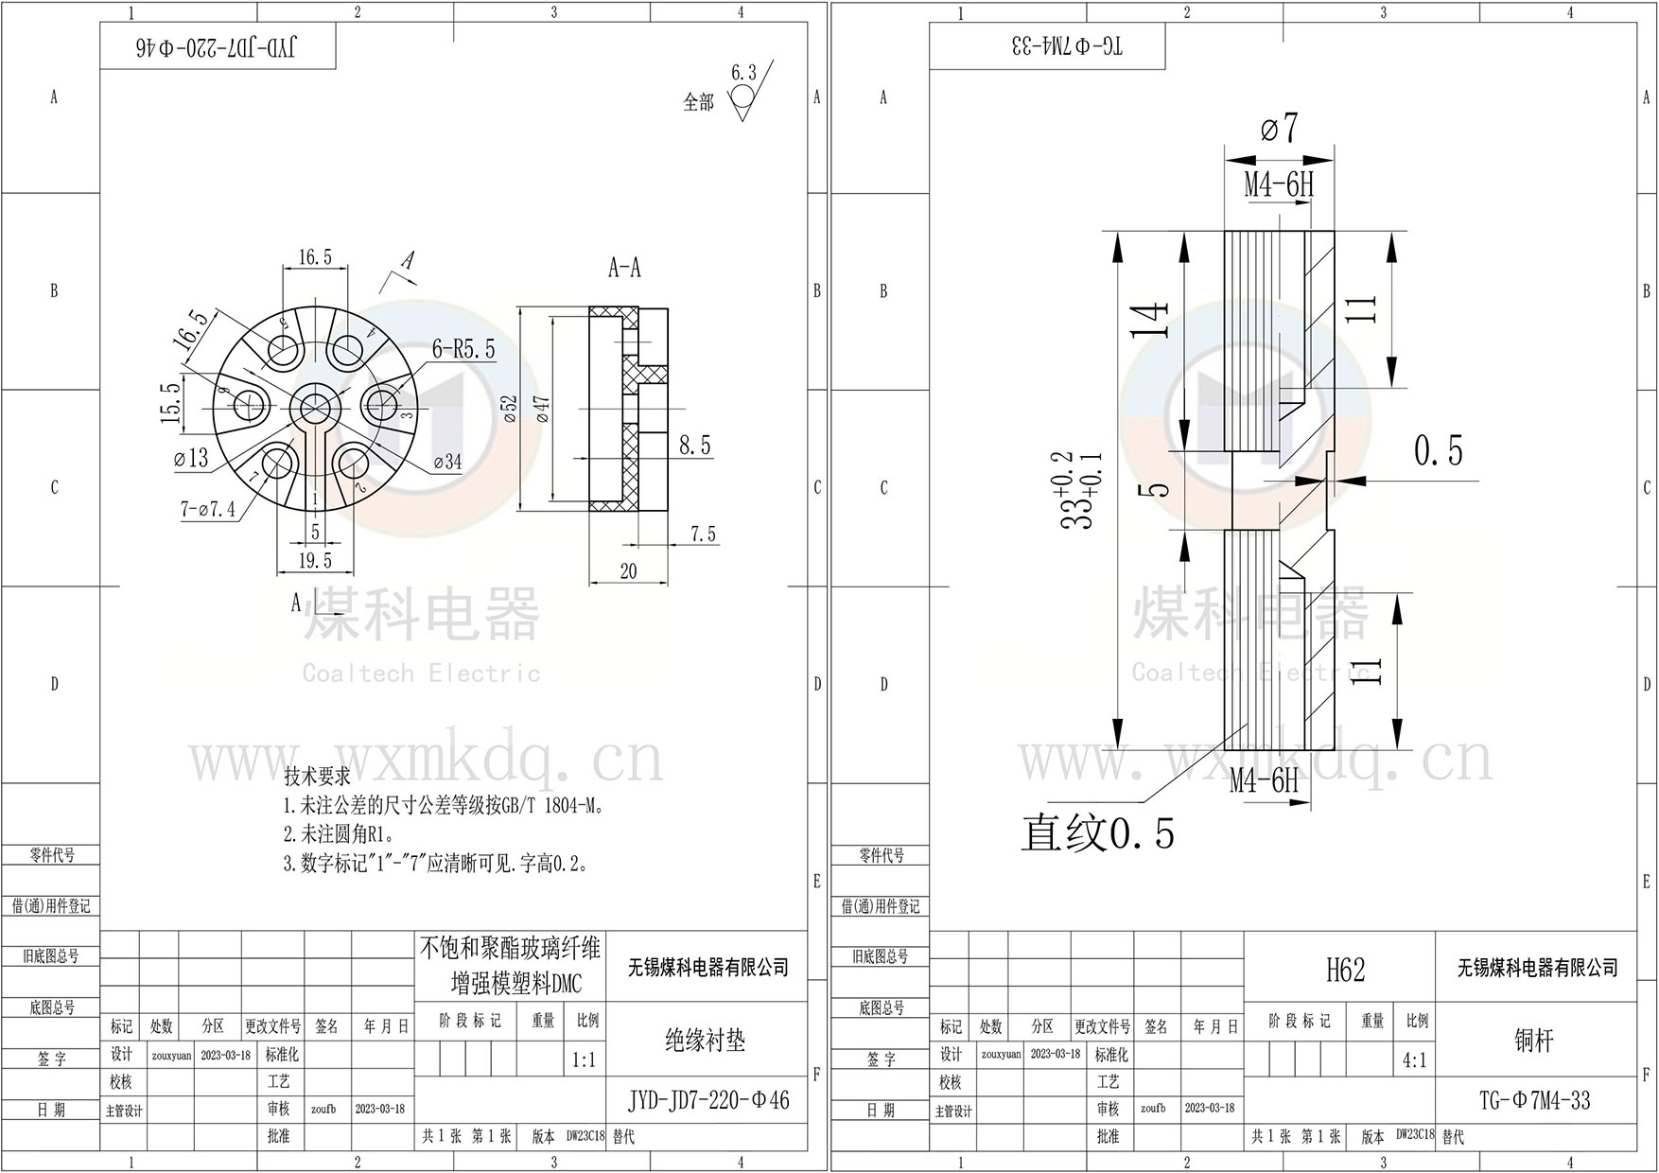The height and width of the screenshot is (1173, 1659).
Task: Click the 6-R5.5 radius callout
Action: (x=463, y=349)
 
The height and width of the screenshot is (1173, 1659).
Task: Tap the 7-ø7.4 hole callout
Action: (x=207, y=510)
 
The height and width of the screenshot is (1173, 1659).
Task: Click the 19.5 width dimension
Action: (x=315, y=560)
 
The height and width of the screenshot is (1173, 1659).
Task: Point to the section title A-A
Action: (x=624, y=269)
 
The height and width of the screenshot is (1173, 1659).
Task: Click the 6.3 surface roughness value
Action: (x=744, y=73)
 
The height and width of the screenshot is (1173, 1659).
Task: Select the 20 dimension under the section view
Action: (x=628, y=570)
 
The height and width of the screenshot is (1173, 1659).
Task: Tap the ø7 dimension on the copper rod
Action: (x=1279, y=129)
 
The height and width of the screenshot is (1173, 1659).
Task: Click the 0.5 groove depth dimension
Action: (x=1438, y=451)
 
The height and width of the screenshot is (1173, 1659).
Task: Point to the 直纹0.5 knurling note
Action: (x=1097, y=833)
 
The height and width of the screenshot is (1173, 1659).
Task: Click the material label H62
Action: (x=1345, y=970)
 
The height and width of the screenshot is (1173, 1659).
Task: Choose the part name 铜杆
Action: (x=1533, y=1041)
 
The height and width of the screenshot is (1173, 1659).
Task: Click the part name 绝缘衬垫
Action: (x=706, y=1041)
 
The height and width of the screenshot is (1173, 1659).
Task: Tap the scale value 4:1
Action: (x=1414, y=1060)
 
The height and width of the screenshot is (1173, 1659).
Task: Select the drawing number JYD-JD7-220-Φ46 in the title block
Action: (x=708, y=1100)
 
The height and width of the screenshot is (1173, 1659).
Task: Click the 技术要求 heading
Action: (x=317, y=777)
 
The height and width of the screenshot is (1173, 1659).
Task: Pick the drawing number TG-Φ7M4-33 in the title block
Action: (x=1534, y=1100)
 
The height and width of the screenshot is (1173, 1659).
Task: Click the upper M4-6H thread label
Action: (x=1279, y=184)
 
